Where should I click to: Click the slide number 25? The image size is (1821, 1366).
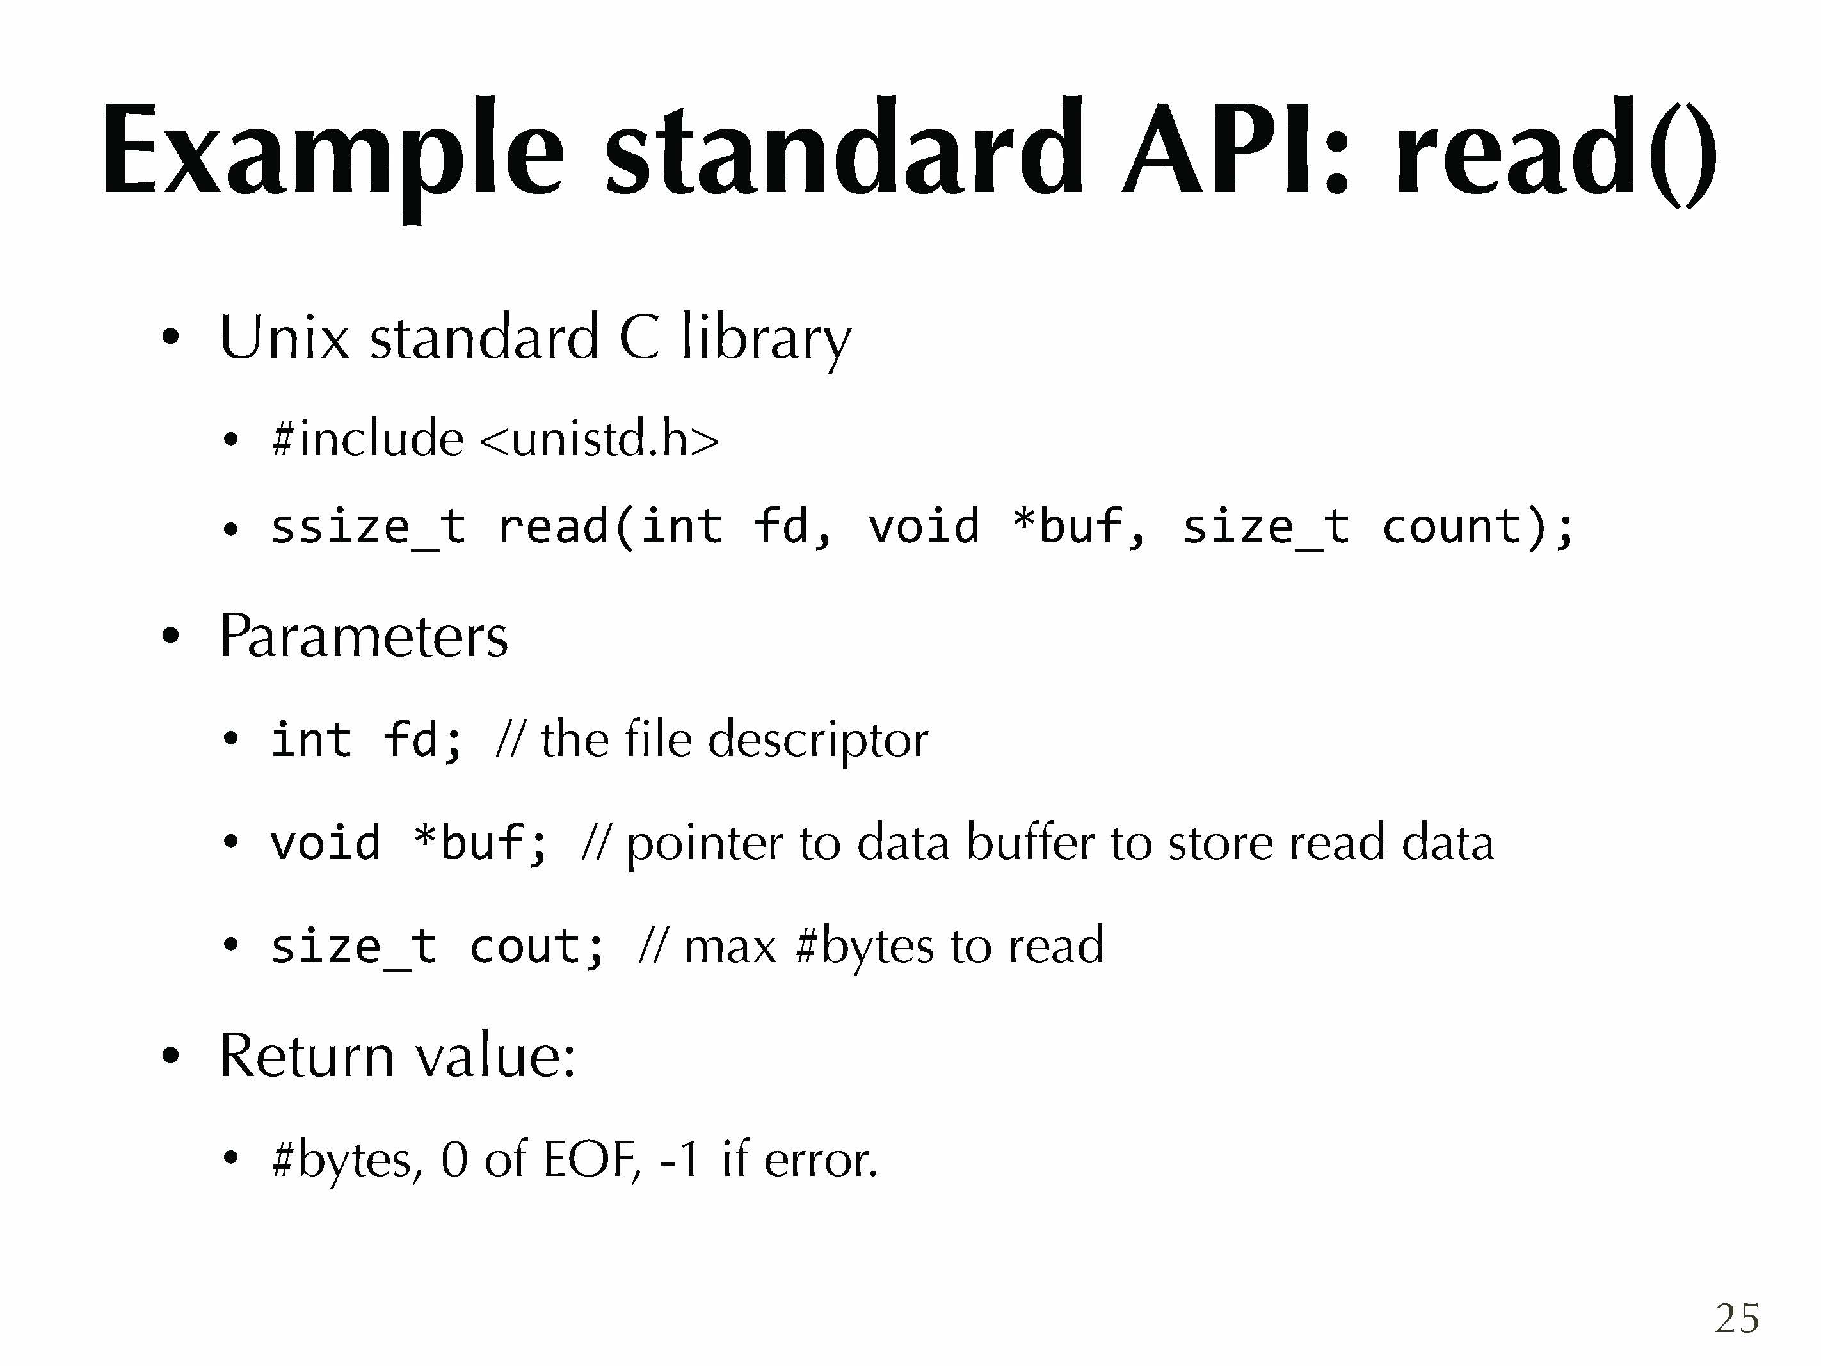[x=1737, y=1318]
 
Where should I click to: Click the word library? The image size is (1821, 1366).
[x=766, y=339]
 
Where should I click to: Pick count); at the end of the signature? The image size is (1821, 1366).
[x=1478, y=527]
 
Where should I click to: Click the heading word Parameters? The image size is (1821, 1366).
[x=363, y=636]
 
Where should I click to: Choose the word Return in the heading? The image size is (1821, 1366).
[x=306, y=1056]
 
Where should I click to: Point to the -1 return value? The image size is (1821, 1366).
[x=679, y=1159]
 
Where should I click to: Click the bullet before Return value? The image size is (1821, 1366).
[x=170, y=1056]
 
